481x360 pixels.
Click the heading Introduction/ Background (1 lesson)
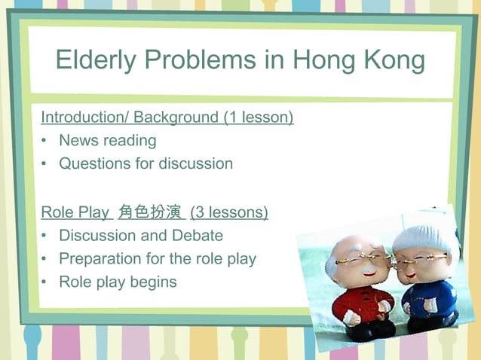(167, 117)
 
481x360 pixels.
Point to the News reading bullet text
(107, 140)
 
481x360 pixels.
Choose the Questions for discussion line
(146, 163)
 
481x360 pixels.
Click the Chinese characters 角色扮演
(150, 212)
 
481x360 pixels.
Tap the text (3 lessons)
(229, 212)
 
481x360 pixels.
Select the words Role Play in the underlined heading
(75, 212)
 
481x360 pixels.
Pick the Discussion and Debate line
(141, 235)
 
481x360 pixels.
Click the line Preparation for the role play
(158, 258)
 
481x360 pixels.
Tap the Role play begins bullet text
(118, 282)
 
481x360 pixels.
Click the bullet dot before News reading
(45, 141)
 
